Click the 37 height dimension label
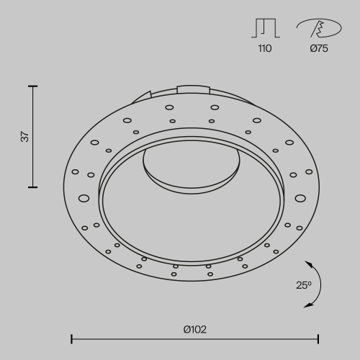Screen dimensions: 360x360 [x=24, y=137]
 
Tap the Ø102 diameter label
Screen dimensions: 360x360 [x=195, y=329]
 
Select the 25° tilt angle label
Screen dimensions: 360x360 [x=304, y=285]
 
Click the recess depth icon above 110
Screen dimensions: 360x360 [x=266, y=27]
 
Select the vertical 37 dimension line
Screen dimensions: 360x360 [x=32, y=137]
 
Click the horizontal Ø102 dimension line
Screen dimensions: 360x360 [x=195, y=336]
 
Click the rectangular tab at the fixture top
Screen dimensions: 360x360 [x=192, y=90]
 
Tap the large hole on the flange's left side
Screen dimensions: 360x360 [x=84, y=197]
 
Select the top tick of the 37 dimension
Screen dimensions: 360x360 [x=32, y=86]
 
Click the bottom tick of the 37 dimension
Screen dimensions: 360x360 [x=32, y=187]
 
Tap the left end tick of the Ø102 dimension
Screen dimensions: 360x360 [x=71, y=336]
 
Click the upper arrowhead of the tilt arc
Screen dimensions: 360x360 [x=308, y=262]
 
